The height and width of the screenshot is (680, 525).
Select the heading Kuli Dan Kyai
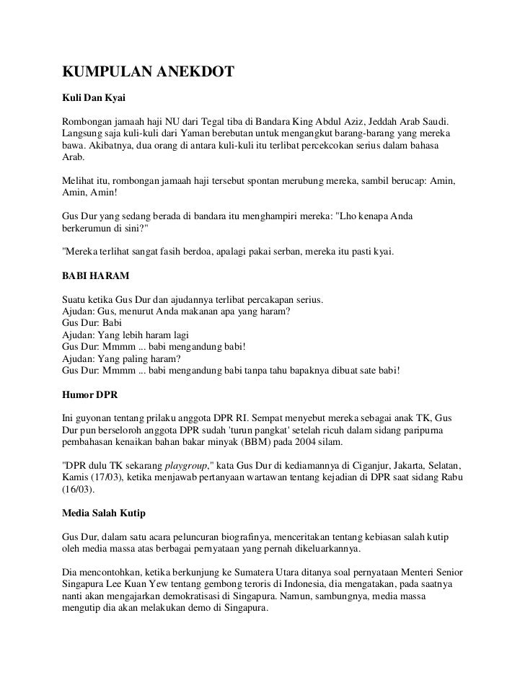pyautogui.click(x=94, y=97)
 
